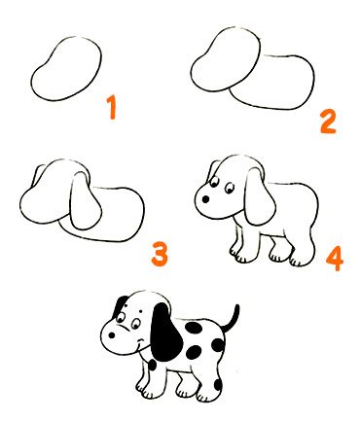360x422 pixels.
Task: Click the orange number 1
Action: point(112,107)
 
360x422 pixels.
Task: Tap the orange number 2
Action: point(328,122)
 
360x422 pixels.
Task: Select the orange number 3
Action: point(160,255)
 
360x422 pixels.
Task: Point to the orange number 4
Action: point(334,259)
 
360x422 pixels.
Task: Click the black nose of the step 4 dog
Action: point(205,199)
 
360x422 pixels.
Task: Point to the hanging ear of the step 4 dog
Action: point(259,197)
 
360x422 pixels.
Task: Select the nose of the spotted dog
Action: point(112,335)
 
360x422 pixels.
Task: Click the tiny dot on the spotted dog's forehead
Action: point(140,312)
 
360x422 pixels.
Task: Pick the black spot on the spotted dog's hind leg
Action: point(218,384)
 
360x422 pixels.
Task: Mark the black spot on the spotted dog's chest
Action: point(152,365)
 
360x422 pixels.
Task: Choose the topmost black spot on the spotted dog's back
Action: point(194,328)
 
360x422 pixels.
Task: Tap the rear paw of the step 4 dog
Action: point(301,261)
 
